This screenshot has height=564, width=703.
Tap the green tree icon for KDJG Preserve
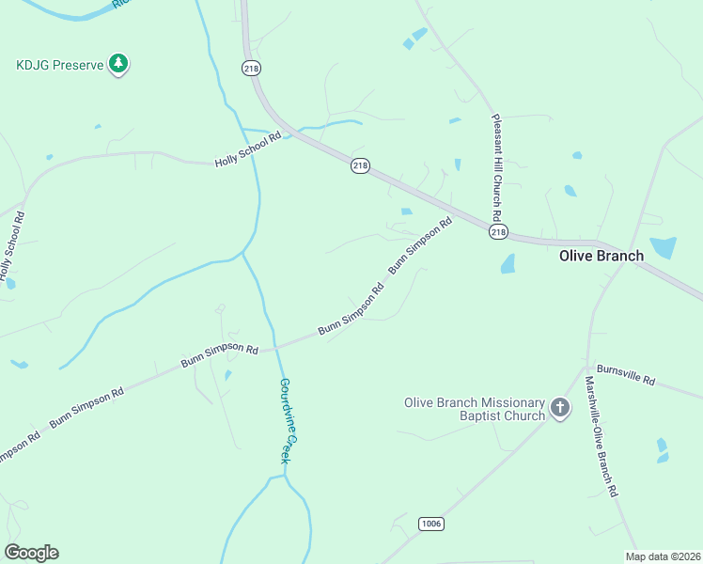(x=118, y=64)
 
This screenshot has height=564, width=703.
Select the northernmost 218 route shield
(x=250, y=68)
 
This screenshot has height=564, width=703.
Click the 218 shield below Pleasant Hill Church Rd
(x=498, y=231)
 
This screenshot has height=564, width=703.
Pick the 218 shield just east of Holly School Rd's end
(x=360, y=165)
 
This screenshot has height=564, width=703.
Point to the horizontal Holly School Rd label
(x=248, y=149)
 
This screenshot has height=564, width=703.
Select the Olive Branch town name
(x=601, y=256)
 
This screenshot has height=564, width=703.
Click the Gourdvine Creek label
(x=290, y=419)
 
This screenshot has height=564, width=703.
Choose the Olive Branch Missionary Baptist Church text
(x=475, y=409)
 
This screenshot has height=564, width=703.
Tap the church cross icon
(x=560, y=408)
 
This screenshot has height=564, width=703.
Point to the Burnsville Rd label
(x=625, y=376)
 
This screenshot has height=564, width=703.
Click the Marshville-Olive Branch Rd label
(x=601, y=436)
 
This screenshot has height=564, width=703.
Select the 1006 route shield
(x=430, y=524)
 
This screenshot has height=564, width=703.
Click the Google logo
(x=31, y=553)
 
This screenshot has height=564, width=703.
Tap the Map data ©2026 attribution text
(x=663, y=556)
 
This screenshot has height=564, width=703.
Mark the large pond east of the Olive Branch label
(x=663, y=247)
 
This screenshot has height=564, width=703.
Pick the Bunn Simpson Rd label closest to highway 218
(x=421, y=245)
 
